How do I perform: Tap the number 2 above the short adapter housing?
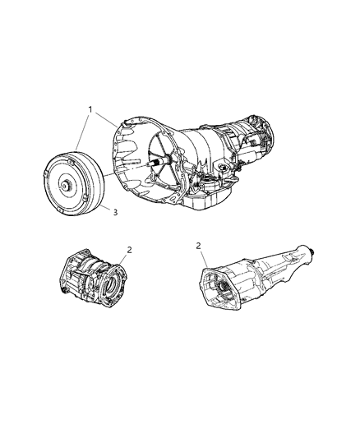click(129, 249)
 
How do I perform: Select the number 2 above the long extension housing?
click(199, 245)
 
